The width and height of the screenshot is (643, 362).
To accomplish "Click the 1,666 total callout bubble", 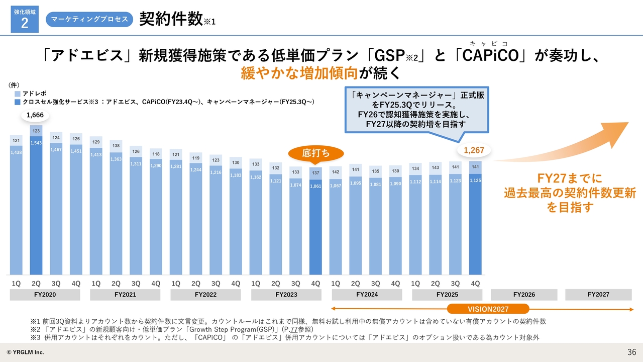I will click(35, 115).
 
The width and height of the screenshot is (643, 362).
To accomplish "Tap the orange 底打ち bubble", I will click(315, 153).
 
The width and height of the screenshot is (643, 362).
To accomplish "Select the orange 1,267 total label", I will click(474, 150).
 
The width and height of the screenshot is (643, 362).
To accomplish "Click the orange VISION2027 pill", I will click(488, 309).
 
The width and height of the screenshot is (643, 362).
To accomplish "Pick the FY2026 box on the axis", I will click(524, 295).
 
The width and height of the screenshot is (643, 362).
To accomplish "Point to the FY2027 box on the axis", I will click(598, 295).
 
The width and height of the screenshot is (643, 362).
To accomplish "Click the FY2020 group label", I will click(45, 295).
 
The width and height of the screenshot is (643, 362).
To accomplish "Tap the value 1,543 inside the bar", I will click(36, 143).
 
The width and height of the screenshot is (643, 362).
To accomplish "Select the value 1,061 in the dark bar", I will click(315, 186).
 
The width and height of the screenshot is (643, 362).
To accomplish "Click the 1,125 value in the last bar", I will click(475, 180).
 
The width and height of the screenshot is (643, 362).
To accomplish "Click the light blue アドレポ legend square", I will click(18, 94).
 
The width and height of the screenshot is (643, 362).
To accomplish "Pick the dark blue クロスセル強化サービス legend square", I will click(18, 102).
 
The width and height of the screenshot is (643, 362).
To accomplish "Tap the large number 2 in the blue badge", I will click(25, 24).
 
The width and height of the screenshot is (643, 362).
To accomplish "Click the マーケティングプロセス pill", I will click(89, 19).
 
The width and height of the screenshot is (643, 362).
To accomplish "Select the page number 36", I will click(631, 351).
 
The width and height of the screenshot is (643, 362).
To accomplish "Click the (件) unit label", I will click(14, 85).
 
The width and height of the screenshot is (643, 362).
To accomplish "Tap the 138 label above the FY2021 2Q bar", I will click(116, 145).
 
